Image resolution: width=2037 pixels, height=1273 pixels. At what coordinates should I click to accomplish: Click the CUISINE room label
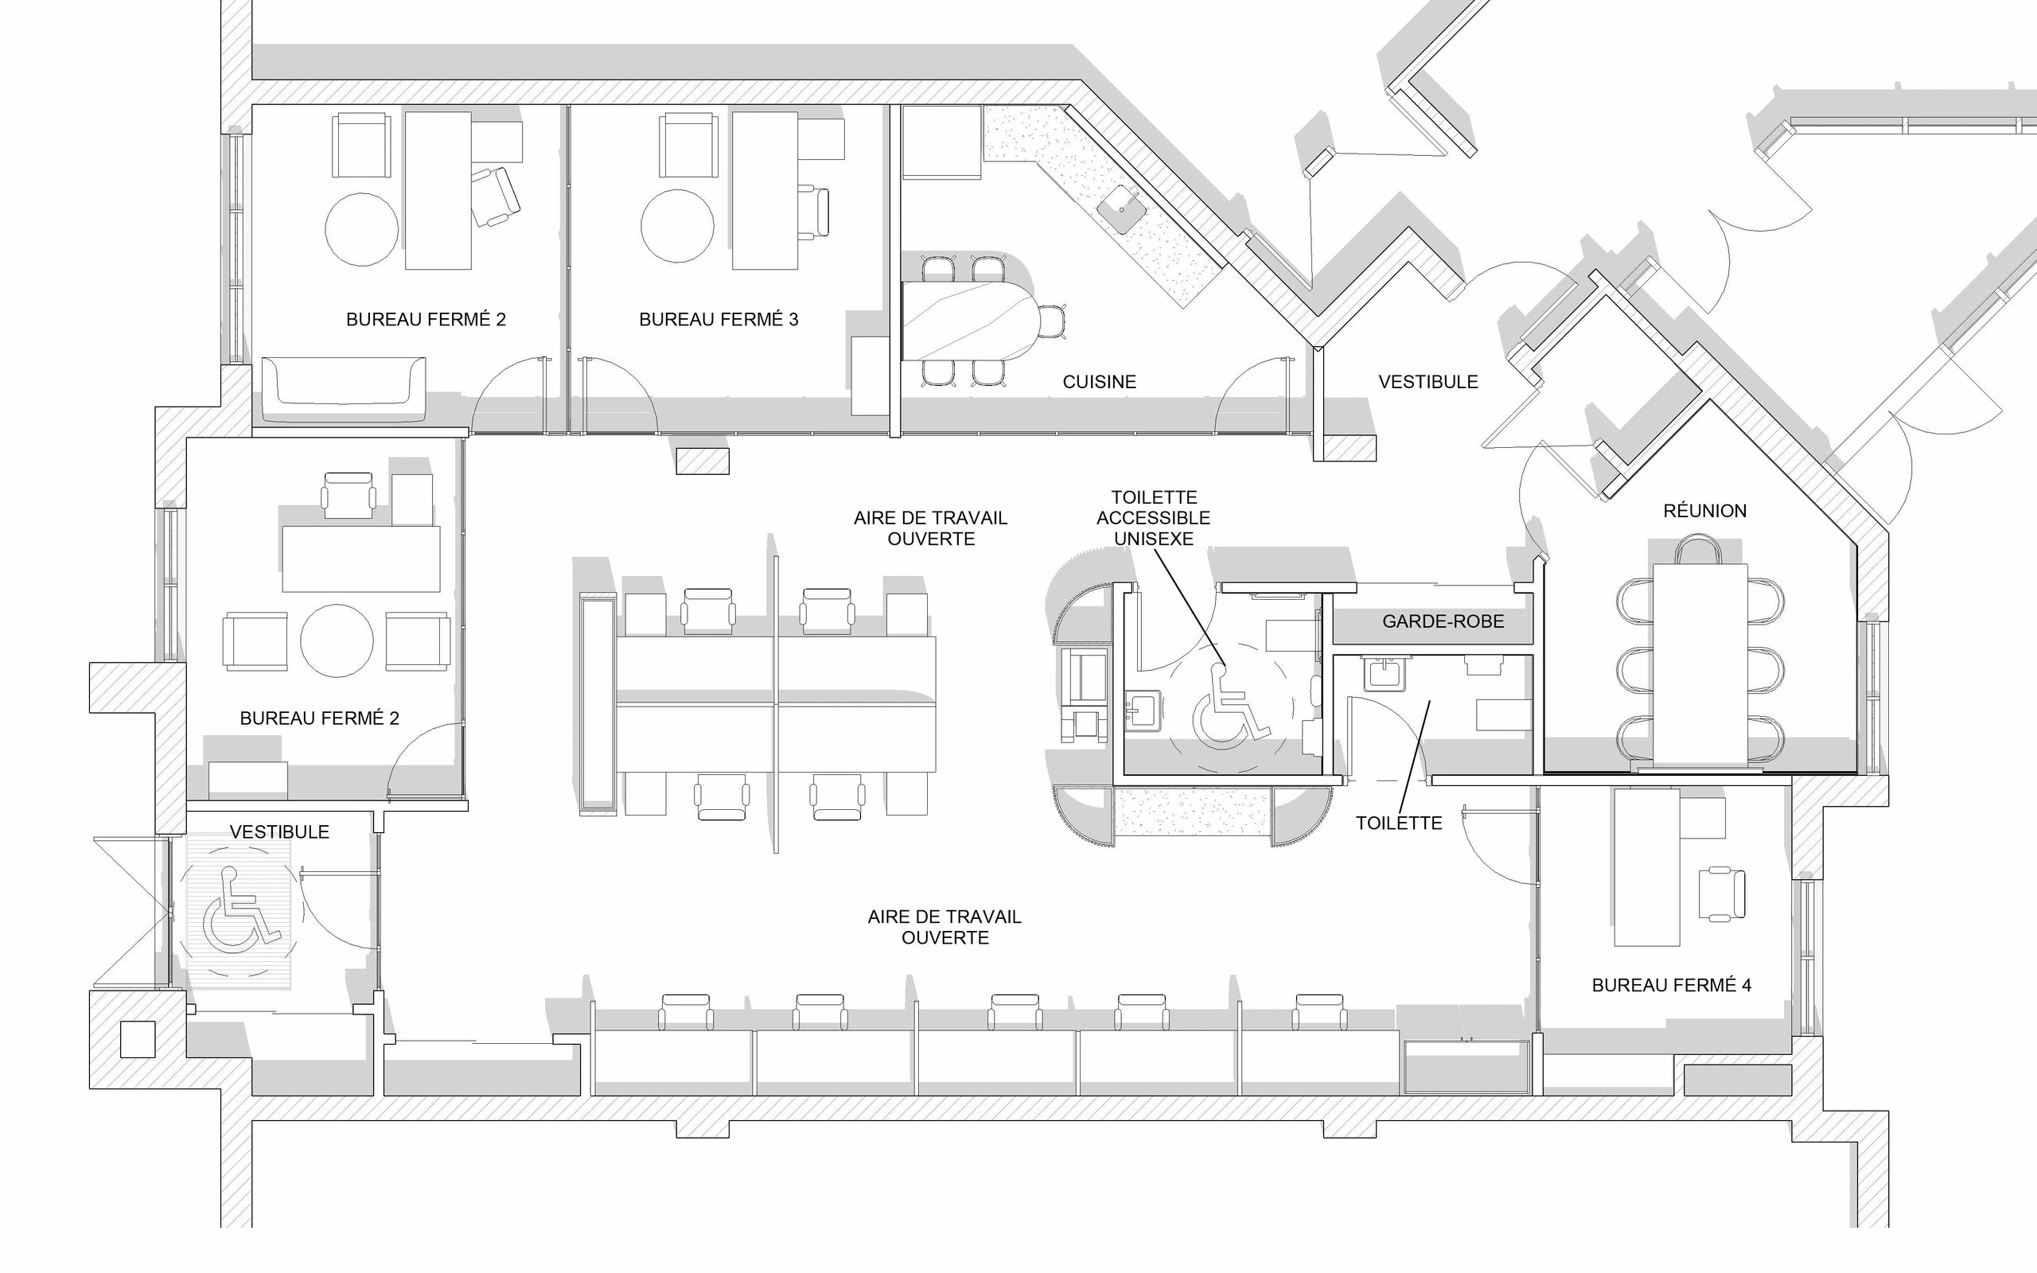(x=1100, y=381)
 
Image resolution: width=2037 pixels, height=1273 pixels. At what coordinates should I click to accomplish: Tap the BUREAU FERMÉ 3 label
(x=719, y=319)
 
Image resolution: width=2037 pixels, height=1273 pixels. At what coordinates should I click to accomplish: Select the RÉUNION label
(x=1704, y=510)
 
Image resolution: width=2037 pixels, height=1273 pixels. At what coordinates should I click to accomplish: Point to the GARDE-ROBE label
(x=1443, y=621)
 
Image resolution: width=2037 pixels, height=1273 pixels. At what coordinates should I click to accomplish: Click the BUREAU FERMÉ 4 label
(x=1671, y=985)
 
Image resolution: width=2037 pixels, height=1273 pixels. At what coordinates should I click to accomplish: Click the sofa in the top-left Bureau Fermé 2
(x=344, y=388)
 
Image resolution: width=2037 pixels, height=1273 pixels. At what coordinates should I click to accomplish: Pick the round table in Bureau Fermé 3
(x=678, y=226)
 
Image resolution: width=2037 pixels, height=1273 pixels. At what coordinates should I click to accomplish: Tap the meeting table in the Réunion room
(x=1700, y=665)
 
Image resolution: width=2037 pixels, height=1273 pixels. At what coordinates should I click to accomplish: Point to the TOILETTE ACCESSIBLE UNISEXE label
(x=1153, y=518)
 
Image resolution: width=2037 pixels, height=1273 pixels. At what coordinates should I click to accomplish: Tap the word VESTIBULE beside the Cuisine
(x=1428, y=381)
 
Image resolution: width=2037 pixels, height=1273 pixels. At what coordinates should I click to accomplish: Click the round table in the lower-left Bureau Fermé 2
(x=337, y=640)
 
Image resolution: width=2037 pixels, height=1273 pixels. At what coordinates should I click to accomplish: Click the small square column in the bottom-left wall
(x=138, y=1039)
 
